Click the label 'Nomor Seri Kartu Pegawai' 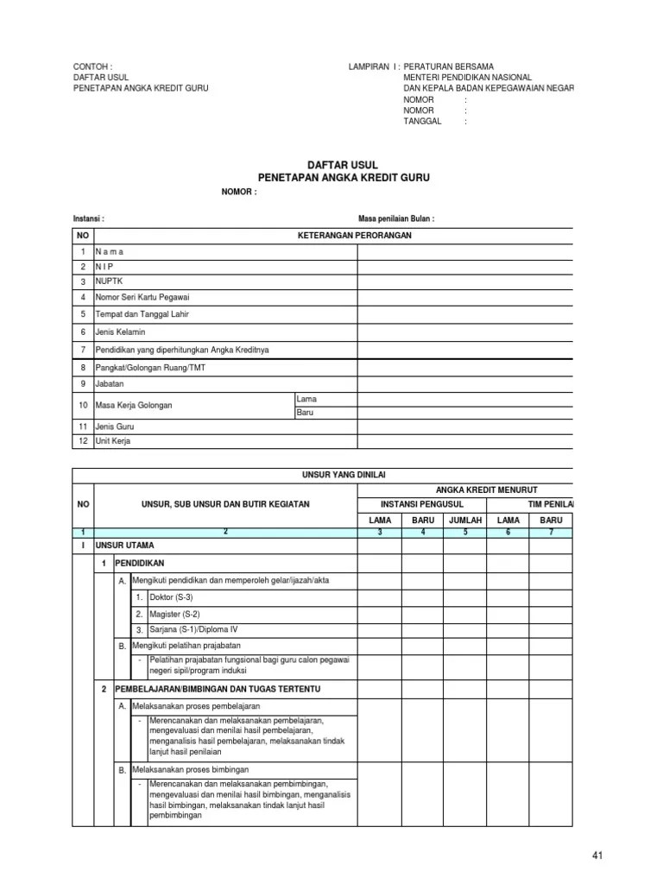pyautogui.click(x=136, y=298)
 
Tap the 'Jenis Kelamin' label pyautogui.click(x=121, y=331)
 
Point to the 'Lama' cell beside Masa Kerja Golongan pyautogui.click(x=306, y=398)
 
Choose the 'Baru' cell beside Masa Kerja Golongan pyautogui.click(x=306, y=413)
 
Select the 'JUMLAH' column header pyautogui.click(x=465, y=521)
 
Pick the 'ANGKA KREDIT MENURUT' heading pyautogui.click(x=510, y=489)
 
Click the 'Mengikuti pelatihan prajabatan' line pyautogui.click(x=186, y=645)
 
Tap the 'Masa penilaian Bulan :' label pyautogui.click(x=396, y=218)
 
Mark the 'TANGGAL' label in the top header pyautogui.click(x=422, y=122)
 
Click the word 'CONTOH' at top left pyautogui.click(x=91, y=66)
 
